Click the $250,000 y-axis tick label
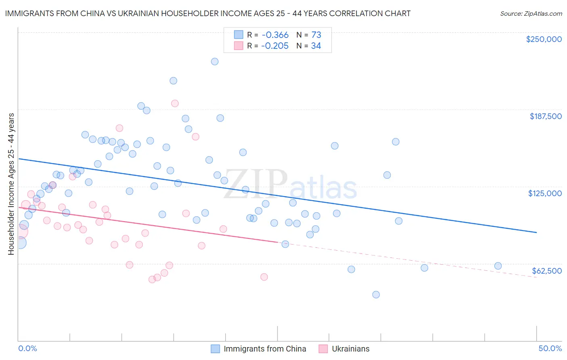tap(544, 39)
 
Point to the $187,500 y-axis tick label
tap(545, 116)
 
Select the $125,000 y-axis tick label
tap(545, 193)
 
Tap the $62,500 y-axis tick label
tap(546, 271)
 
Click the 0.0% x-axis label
tap(28, 348)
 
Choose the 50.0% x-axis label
tap(550, 348)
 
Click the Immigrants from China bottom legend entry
tap(265, 349)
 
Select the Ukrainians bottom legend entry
tap(350, 349)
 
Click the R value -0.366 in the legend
tap(275, 35)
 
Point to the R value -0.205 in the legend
tap(275, 46)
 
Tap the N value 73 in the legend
tap(316, 35)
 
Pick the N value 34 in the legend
tap(316, 46)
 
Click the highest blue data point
tap(215, 61)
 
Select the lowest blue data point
tap(376, 295)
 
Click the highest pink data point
tap(175, 103)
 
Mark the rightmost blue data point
tap(498, 266)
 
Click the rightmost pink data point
tap(264, 277)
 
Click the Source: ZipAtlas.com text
tap(531, 13)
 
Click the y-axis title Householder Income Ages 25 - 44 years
tap(11, 184)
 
